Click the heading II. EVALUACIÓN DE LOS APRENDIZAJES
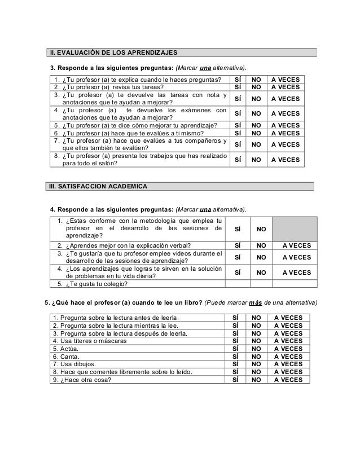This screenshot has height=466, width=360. (114, 53)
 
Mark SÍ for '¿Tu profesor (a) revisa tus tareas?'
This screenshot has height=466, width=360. (238, 87)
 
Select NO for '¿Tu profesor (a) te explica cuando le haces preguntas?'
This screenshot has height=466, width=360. (257, 79)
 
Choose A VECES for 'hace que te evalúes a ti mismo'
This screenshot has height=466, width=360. (286, 133)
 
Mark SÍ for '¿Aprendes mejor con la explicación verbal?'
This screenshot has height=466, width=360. (238, 245)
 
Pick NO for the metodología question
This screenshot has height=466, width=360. (261, 229)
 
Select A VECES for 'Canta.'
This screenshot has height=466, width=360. (288, 357)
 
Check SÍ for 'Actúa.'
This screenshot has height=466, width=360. (236, 349)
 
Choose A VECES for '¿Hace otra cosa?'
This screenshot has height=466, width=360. (288, 380)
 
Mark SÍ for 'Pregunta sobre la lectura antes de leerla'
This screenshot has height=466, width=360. (236, 317)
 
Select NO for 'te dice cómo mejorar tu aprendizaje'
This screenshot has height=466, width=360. (257, 125)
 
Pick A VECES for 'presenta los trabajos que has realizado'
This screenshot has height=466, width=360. (286, 160)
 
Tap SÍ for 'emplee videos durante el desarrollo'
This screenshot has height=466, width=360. (238, 257)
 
